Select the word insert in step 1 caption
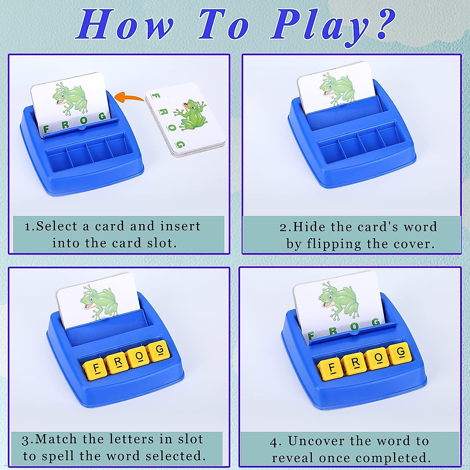click(180, 226)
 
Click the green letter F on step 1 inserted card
click(46, 129)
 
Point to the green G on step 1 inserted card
click(102, 116)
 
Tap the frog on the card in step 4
click(338, 298)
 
